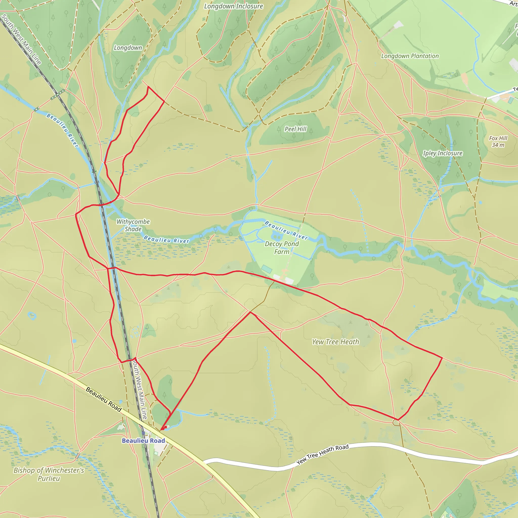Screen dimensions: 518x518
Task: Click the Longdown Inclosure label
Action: point(233,6)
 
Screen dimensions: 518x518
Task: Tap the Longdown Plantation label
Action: point(410,56)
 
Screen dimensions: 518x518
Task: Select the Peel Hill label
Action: point(295,129)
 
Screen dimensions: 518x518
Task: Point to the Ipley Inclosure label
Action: point(443,153)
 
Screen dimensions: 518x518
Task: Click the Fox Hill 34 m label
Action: point(498,142)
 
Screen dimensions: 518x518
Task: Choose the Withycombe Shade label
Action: point(133,225)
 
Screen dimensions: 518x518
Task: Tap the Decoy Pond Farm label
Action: point(282,248)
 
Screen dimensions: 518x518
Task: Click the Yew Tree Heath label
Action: point(335,342)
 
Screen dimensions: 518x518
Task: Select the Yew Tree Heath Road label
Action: point(322,455)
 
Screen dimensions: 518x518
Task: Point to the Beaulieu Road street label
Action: point(103,399)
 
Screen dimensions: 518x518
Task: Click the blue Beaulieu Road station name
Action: point(143,441)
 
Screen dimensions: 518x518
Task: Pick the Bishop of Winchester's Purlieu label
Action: point(49,474)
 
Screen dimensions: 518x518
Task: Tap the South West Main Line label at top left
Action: point(21,39)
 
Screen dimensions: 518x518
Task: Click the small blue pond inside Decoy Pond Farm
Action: point(276,236)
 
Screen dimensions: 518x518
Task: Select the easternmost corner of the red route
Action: point(442,358)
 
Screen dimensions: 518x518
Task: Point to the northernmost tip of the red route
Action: point(148,87)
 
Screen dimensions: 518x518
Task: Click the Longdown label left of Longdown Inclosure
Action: point(128,48)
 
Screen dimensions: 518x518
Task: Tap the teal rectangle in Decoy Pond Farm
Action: point(267,268)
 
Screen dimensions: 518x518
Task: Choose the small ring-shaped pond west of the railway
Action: point(32,316)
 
